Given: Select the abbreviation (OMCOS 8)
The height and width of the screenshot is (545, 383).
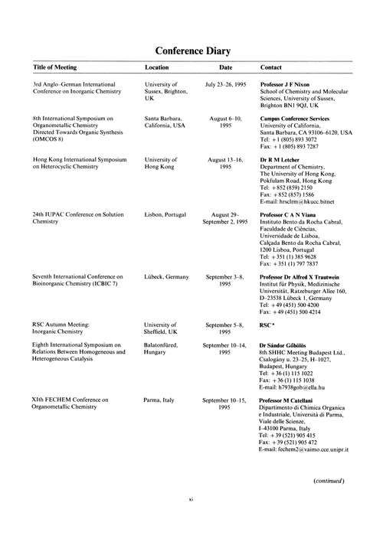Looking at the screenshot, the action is pyautogui.click(x=53, y=140).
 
